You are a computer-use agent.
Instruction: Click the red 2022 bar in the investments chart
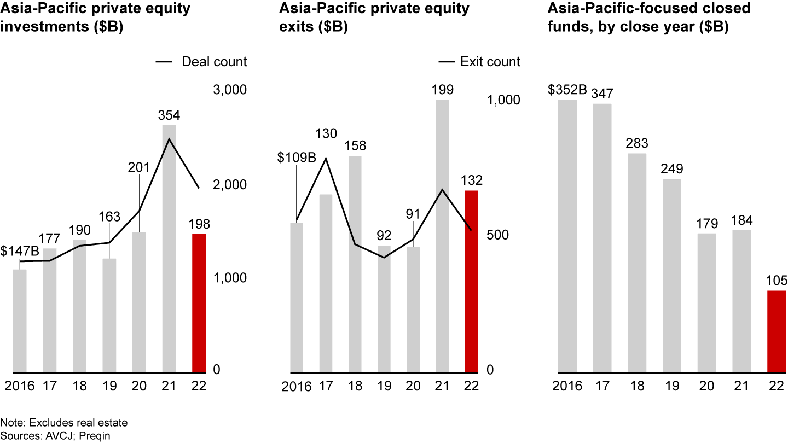pyautogui.click(x=199, y=303)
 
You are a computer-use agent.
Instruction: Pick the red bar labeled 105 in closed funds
pyautogui.click(x=776, y=331)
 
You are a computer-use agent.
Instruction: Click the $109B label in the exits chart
pyautogui.click(x=297, y=158)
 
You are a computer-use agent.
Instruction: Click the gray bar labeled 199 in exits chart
pyautogui.click(x=442, y=236)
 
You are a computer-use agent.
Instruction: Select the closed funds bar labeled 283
pyautogui.click(x=637, y=263)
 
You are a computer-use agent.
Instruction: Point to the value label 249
pyautogui.click(x=672, y=168)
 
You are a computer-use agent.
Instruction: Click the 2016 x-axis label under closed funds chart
pyautogui.click(x=567, y=386)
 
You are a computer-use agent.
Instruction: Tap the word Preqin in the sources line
pyautogui.click(x=95, y=435)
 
